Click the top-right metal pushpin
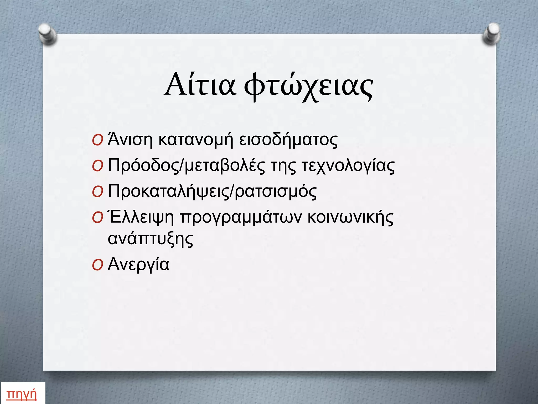[x=492, y=34]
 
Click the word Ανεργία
[x=138, y=265]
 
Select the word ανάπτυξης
[x=151, y=239]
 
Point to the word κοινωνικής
[x=350, y=218]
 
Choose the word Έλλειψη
[x=141, y=218]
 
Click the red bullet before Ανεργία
[x=97, y=265]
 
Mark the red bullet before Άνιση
[x=97, y=140]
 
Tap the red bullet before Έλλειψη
[x=97, y=219]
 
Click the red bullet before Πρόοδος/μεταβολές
[x=97, y=166]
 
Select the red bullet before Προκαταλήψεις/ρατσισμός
[x=97, y=193]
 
